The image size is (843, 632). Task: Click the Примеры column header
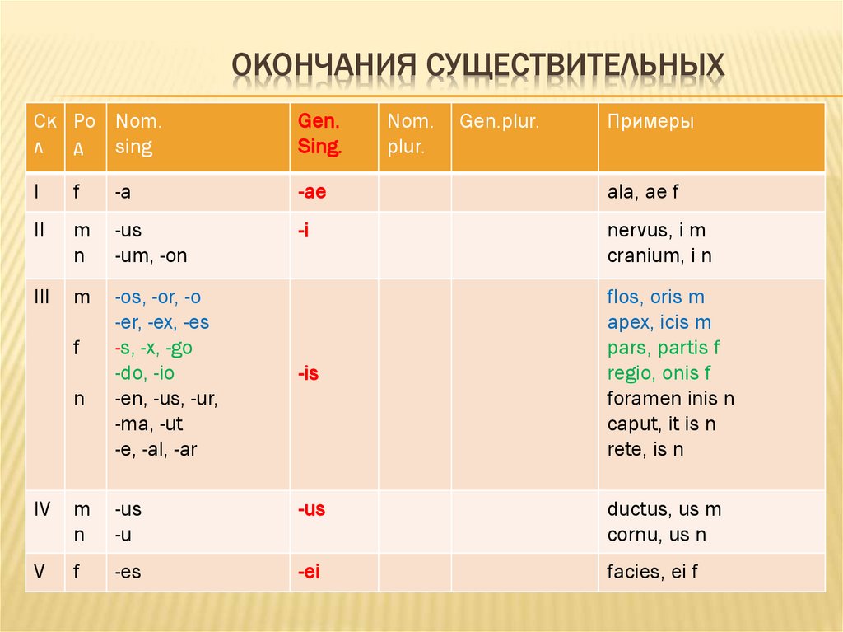pos(650,122)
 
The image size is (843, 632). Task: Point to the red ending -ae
pos(313,192)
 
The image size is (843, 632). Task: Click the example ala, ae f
pos(641,192)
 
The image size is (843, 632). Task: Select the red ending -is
pos(309,373)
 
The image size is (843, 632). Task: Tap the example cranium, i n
pos(659,256)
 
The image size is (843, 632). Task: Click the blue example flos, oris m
pos(655,297)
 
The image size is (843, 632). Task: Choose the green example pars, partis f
pos(664,348)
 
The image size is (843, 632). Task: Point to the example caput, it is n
pos(661,424)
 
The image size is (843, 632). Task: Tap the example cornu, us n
pos(657,535)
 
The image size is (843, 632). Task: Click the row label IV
pos(43,509)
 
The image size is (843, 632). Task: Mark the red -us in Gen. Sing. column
pos(312,509)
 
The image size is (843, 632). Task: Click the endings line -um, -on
pos(151,256)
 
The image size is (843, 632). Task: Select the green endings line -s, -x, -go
pos(154,348)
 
